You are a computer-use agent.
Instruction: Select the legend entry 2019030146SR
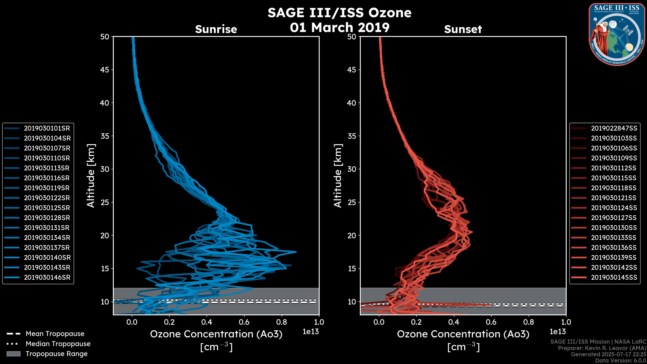47,278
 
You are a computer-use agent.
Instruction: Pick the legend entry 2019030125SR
47,208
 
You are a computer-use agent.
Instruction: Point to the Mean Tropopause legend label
55,334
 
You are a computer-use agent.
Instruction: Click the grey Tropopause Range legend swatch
13,354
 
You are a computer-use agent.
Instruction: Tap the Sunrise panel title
216,29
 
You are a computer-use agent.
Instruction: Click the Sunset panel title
463,29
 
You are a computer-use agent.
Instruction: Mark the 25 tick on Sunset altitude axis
352,202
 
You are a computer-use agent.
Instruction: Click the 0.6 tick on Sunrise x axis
244,322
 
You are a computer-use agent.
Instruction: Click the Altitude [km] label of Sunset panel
338,176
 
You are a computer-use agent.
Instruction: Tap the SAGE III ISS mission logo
617,34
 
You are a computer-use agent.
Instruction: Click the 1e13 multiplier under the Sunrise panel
311,332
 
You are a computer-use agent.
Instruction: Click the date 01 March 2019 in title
340,27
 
